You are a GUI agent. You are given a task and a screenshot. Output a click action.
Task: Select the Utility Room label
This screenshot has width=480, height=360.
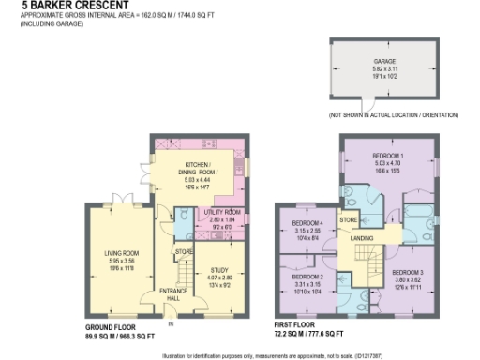222,212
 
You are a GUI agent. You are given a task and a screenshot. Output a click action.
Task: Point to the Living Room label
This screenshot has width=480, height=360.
121,251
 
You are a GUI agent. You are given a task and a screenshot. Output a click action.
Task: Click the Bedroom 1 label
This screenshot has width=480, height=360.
388,154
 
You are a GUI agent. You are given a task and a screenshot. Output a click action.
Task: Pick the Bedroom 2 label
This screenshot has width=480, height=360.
307,277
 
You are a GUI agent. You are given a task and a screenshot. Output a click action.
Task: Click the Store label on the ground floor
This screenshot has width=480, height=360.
184,251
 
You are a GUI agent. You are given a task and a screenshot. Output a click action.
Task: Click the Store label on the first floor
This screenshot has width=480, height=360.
349,221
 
